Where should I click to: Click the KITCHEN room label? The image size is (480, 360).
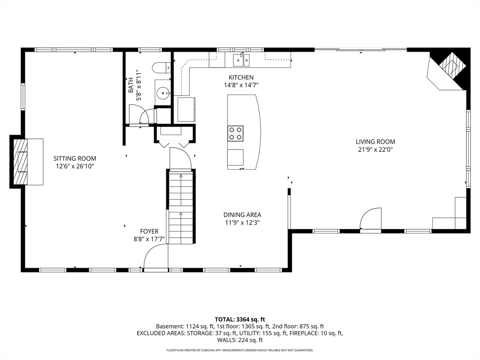point(241,77)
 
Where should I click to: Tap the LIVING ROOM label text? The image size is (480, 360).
point(375,142)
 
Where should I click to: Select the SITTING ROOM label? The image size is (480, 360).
point(75,158)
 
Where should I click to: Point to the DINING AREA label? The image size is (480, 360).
point(242,215)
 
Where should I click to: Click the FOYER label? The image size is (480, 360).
point(149,232)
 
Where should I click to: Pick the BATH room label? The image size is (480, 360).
point(131,85)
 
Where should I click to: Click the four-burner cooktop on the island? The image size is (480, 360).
point(235,134)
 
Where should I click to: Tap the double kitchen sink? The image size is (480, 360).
point(241,60)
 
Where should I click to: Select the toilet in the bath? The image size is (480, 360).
point(162,67)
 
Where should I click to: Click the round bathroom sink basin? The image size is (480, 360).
point(163,92)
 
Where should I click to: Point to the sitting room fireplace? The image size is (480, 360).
point(27,161)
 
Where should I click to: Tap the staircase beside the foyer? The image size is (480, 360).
point(181,207)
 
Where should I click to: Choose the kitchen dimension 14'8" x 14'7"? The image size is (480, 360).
point(241,85)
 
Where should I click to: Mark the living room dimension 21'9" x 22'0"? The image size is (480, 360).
point(375,150)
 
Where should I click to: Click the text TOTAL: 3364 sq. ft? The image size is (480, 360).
point(240,320)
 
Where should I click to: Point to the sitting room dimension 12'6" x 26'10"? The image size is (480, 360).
point(75,166)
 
